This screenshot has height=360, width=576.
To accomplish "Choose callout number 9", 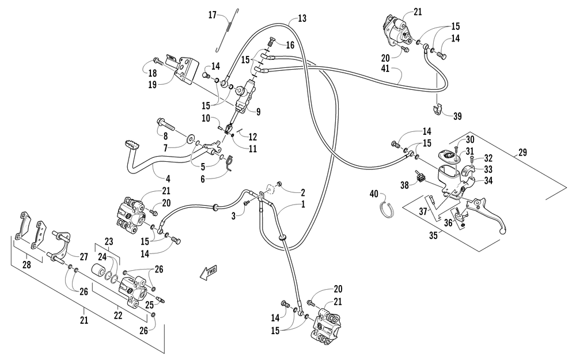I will (x=258, y=111).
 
